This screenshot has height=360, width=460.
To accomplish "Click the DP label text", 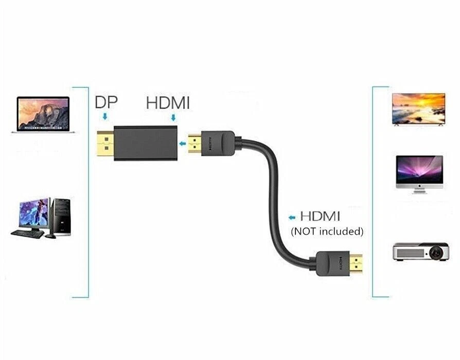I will click(x=106, y=102).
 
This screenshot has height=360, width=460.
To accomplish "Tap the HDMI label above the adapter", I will click(x=168, y=102).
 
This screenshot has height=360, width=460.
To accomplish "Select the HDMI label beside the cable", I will click(x=320, y=216).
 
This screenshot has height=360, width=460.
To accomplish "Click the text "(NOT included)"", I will click(x=327, y=231).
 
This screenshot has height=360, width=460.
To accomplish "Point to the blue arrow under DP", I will click(x=105, y=117).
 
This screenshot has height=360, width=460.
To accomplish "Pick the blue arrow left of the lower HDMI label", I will click(x=293, y=217).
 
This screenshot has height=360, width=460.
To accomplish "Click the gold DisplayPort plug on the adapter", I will click(x=105, y=145).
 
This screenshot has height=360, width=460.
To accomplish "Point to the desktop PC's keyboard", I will click(x=27, y=233).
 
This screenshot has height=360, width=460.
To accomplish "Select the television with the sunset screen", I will click(x=418, y=109).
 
